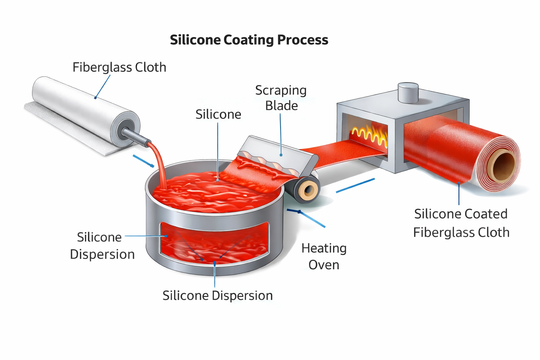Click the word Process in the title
point(303,40)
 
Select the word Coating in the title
point(249,40)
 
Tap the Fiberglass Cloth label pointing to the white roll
point(119,67)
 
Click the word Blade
point(282,105)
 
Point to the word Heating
point(324,249)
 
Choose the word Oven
point(324,265)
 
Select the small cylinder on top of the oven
point(408,92)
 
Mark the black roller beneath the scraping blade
point(303,189)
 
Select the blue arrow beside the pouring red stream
point(143,161)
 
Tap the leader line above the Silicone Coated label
point(459,194)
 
